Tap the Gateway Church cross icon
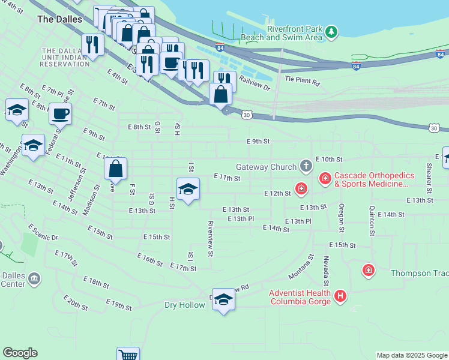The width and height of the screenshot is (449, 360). tap(306, 166)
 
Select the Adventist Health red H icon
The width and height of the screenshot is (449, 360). tap(340, 295)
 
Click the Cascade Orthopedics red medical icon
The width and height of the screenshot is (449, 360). tap(325, 178)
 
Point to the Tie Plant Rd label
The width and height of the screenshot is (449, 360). tap(303, 79)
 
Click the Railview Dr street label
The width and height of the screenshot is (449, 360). tap(255, 82)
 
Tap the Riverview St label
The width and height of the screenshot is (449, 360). tap(211, 238)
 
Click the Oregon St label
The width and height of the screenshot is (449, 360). tap(341, 218)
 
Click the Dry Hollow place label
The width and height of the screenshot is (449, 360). tap(184, 305)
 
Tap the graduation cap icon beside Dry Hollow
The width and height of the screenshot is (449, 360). tap(223, 299)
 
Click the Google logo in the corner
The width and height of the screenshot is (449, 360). tap(20, 353)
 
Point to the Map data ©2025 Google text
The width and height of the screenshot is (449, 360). tap(412, 355)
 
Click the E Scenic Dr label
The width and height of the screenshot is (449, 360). tap(43, 233)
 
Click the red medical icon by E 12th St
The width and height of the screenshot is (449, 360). tap(301, 190)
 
